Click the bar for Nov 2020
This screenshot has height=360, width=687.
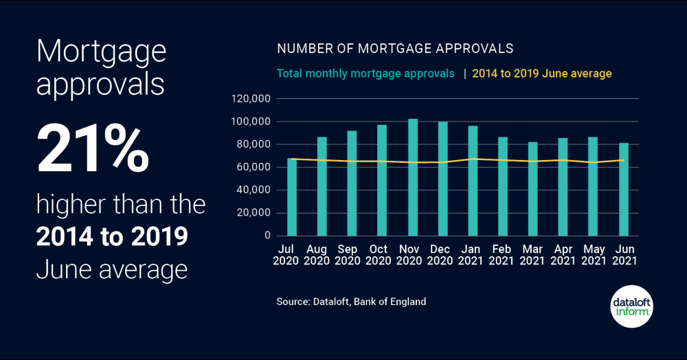point(413,177)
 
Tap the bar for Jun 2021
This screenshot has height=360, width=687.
point(624,190)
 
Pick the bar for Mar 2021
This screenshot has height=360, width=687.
point(533,189)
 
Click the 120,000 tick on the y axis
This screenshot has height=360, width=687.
point(251,99)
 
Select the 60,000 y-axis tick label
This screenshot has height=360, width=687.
point(254,167)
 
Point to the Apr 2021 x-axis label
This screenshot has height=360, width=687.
point(563,255)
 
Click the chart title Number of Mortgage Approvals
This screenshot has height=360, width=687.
point(395,49)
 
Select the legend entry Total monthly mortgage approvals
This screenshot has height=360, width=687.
point(365,74)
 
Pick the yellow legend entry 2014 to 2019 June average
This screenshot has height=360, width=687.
point(541,74)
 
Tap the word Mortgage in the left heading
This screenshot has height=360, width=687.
point(101,52)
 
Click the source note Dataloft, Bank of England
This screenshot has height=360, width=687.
point(352,302)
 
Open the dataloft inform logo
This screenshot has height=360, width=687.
point(631,306)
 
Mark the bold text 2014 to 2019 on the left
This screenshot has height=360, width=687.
point(112,236)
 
